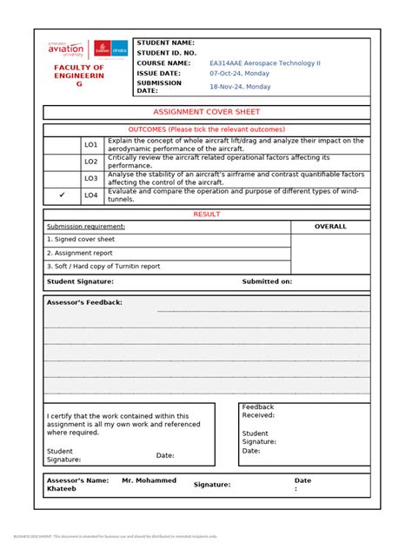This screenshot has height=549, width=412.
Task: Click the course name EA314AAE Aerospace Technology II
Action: click(x=264, y=63)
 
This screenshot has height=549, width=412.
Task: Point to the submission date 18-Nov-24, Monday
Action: click(x=240, y=87)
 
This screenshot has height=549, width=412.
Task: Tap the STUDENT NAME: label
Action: click(x=165, y=42)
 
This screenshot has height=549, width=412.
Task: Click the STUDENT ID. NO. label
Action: click(x=167, y=53)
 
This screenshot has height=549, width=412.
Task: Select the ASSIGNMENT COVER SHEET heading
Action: click(x=206, y=112)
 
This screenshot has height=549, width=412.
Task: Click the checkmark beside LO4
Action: click(x=62, y=195)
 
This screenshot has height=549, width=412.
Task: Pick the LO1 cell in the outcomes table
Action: click(x=90, y=144)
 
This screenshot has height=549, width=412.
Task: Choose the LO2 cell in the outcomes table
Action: click(x=90, y=162)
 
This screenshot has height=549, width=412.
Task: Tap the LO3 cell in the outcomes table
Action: click(x=90, y=178)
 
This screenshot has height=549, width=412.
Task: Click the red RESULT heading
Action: click(x=206, y=214)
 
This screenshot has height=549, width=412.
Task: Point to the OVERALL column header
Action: click(x=330, y=227)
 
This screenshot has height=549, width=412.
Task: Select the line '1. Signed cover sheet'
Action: click(x=81, y=239)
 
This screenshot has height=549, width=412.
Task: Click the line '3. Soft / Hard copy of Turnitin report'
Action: click(x=103, y=266)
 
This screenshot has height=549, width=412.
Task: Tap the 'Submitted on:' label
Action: click(x=267, y=281)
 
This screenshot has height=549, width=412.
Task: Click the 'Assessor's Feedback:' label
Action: click(x=84, y=302)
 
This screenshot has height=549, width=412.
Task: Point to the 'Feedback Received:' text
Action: click(x=258, y=411)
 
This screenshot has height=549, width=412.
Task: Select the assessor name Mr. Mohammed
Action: click(x=149, y=480)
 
